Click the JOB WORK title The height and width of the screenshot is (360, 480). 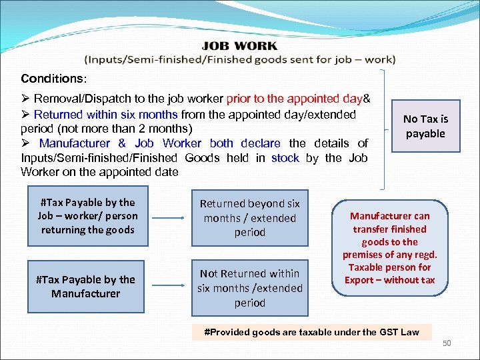pyautogui.click(x=239, y=46)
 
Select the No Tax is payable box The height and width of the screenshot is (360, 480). pyautogui.click(x=425, y=127)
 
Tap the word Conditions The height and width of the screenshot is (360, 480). pyautogui.click(x=50, y=79)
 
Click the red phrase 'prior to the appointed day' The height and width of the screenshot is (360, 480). pyautogui.click(x=294, y=99)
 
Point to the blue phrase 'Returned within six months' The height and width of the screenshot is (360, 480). pyautogui.click(x=105, y=115)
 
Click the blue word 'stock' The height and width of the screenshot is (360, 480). pyautogui.click(x=285, y=157)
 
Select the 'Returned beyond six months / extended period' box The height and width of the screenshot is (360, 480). pyautogui.click(x=250, y=218)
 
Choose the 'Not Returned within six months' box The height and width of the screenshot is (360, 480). pyautogui.click(x=250, y=288)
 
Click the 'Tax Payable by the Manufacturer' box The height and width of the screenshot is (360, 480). pyautogui.click(x=86, y=287)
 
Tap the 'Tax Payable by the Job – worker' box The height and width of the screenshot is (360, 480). pyautogui.click(x=87, y=216)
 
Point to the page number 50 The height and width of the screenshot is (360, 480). pyautogui.click(x=447, y=343)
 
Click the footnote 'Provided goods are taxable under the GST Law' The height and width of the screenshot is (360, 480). pyautogui.click(x=311, y=332)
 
